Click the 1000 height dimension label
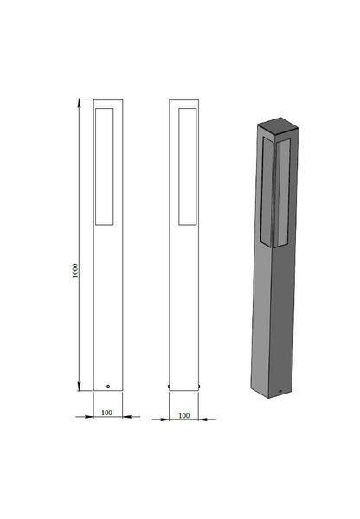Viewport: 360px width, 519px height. point(75,271)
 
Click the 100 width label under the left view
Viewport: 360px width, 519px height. point(106,413)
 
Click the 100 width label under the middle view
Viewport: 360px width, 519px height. point(183,415)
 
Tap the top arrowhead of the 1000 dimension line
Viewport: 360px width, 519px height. point(79,103)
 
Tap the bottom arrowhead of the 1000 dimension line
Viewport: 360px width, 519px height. point(79,387)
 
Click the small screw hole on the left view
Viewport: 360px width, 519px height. point(108,386)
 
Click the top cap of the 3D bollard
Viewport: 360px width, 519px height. point(279,127)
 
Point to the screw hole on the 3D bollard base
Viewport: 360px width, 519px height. point(280,391)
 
